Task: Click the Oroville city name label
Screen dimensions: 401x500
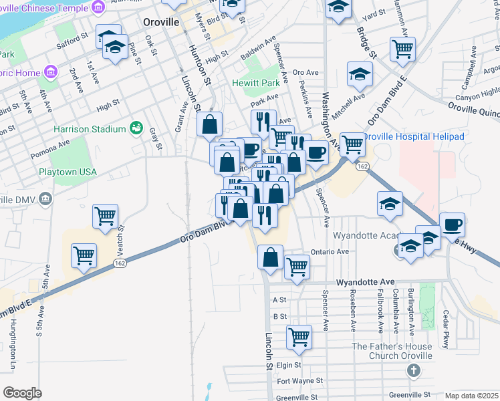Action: (161, 22)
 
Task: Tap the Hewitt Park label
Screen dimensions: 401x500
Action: (255, 84)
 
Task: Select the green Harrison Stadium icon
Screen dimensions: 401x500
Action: (137, 126)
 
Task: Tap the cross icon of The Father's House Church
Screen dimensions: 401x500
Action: (414, 370)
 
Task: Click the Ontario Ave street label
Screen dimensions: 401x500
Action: (330, 251)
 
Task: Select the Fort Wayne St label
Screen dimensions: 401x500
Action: (300, 381)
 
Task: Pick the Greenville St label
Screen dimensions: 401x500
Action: (299, 397)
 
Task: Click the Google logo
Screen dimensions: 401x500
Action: (22, 393)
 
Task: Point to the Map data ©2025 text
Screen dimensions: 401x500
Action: (471, 396)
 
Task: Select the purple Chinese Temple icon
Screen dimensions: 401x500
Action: (98, 7)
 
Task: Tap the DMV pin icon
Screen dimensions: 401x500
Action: (45, 198)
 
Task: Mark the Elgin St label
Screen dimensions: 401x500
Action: (289, 366)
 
